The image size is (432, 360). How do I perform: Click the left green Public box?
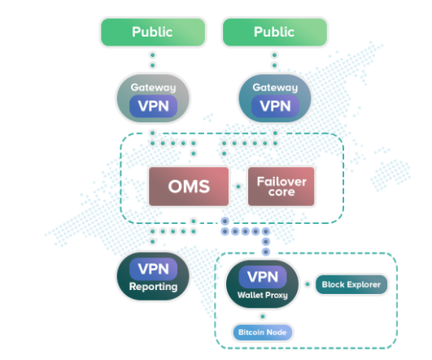(153, 32)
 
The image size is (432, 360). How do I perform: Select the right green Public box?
(275, 32)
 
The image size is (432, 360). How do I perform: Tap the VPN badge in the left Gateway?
(154, 106)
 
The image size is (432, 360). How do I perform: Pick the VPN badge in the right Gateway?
(275, 106)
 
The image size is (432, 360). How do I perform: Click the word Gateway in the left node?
(153, 87)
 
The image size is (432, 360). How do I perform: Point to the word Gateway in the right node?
(275, 87)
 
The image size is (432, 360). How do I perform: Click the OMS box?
(189, 187)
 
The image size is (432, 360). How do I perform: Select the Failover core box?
(281, 187)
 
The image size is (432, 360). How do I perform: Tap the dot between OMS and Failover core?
(238, 187)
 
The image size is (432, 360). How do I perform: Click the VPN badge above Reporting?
(154, 269)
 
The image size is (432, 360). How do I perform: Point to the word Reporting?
(154, 287)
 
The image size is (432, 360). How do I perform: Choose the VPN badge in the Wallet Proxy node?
(263, 277)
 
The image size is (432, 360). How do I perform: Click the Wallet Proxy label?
(263, 295)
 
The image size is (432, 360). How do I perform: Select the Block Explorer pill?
(351, 284)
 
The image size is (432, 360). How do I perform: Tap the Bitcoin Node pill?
(263, 332)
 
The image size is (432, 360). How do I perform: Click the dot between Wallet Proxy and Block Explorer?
(308, 284)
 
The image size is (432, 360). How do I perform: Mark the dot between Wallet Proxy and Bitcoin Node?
(263, 316)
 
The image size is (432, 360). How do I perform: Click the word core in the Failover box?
(281, 192)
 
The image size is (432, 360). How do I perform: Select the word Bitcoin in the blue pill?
(250, 332)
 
